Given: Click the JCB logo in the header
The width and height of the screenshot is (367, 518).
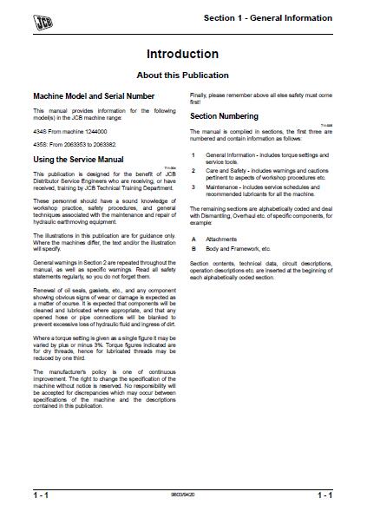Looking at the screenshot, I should pyautogui.click(x=35, y=17).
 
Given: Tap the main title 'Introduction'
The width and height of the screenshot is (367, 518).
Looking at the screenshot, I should pyautogui.click(x=182, y=54).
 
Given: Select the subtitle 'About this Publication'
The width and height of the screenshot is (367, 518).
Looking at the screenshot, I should pyautogui.click(x=182, y=75).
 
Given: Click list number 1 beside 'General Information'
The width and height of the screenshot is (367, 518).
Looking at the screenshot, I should pyautogui.click(x=193, y=154).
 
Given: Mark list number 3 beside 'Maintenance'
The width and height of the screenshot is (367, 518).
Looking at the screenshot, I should pyautogui.click(x=193, y=190).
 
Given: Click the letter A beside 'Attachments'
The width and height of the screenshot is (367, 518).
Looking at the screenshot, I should pyautogui.click(x=193, y=238).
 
